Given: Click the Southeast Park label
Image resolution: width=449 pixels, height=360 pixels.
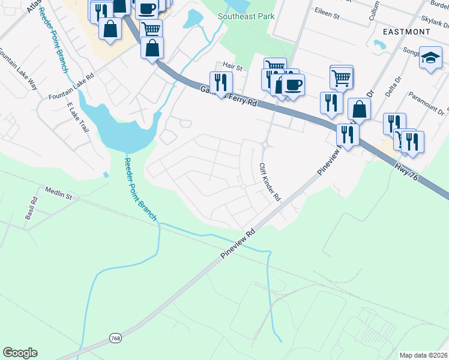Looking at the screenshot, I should (246, 16).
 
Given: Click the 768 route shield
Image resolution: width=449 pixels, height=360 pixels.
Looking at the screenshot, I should (116, 339).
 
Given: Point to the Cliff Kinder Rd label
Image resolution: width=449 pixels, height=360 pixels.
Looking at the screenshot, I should (270, 181).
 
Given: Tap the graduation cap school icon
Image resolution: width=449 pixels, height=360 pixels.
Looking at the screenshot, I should (430, 58).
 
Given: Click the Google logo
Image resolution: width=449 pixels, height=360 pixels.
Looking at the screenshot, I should (20, 352).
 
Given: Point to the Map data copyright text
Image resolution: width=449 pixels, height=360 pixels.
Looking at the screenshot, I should (423, 355).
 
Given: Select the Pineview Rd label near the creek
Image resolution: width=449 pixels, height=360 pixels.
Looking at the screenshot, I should (238, 243).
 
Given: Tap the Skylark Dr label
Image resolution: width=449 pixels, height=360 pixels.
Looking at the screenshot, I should (436, 21).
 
